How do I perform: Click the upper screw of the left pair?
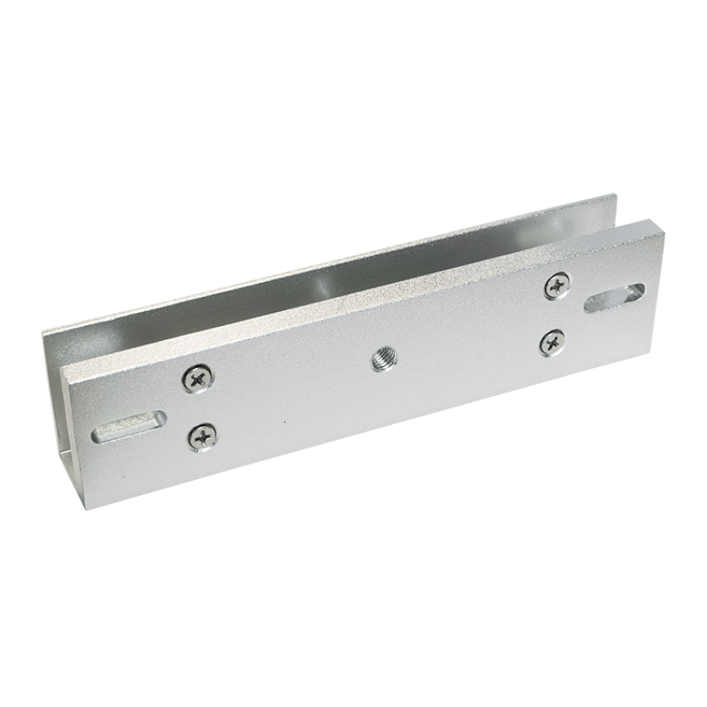click(x=197, y=379)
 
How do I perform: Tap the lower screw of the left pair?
click(x=201, y=433)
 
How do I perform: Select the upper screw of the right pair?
click(x=556, y=287)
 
